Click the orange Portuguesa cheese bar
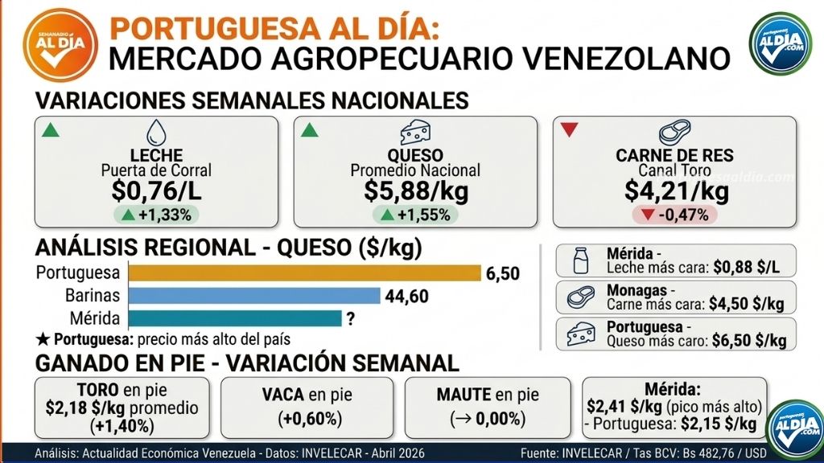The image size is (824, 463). tap(304, 273)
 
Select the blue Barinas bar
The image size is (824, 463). tap(254, 296)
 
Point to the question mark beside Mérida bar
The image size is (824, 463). tap(350, 319)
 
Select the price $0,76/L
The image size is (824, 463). tap(157, 191)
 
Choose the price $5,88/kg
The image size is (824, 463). tap(415, 191)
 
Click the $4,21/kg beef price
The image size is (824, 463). tap(677, 191)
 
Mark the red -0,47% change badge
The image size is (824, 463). tap(677, 215)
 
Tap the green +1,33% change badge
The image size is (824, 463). tap(157, 215)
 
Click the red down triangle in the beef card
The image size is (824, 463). tap(570, 129)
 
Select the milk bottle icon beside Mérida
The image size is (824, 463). tap(576, 262)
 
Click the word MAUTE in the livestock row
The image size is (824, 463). tap(465, 395)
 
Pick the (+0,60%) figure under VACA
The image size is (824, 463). tap(307, 418)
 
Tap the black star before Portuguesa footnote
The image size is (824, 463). tap(42, 338)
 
